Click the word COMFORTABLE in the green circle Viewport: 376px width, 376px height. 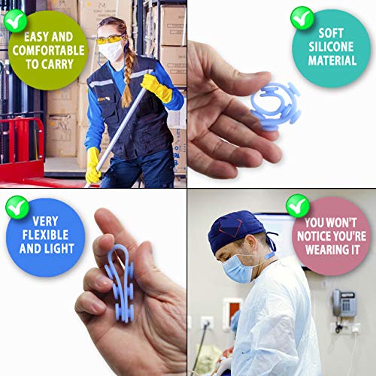point(48,50)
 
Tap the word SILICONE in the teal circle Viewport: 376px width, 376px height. point(331,47)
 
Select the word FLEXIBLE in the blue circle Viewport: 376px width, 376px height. point(45,235)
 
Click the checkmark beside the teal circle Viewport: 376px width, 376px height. point(302,18)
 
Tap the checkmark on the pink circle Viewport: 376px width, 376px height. point(298,206)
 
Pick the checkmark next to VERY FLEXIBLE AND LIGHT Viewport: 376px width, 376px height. point(17,208)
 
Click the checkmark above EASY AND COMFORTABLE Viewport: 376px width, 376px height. point(15,21)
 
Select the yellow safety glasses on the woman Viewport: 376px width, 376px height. point(109,40)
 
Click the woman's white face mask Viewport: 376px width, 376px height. point(111,51)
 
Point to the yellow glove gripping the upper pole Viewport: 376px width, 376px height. point(156,88)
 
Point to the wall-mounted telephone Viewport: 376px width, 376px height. point(344,303)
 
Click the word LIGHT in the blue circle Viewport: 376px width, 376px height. point(59,249)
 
